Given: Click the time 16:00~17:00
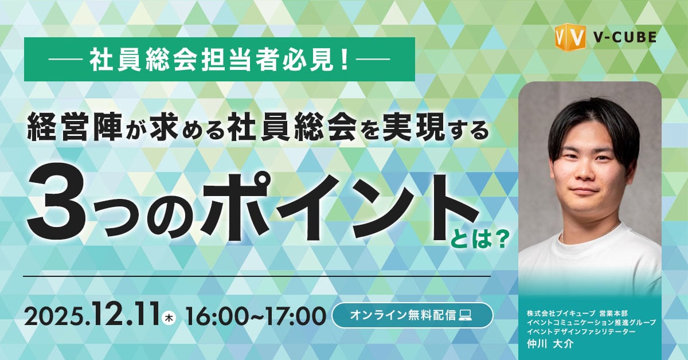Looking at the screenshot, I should pos(255,316).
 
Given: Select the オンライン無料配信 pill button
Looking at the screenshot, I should pos(412,315).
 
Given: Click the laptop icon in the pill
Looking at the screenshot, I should pos(466,315).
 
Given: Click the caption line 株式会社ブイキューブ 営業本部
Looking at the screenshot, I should pos(578,314).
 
